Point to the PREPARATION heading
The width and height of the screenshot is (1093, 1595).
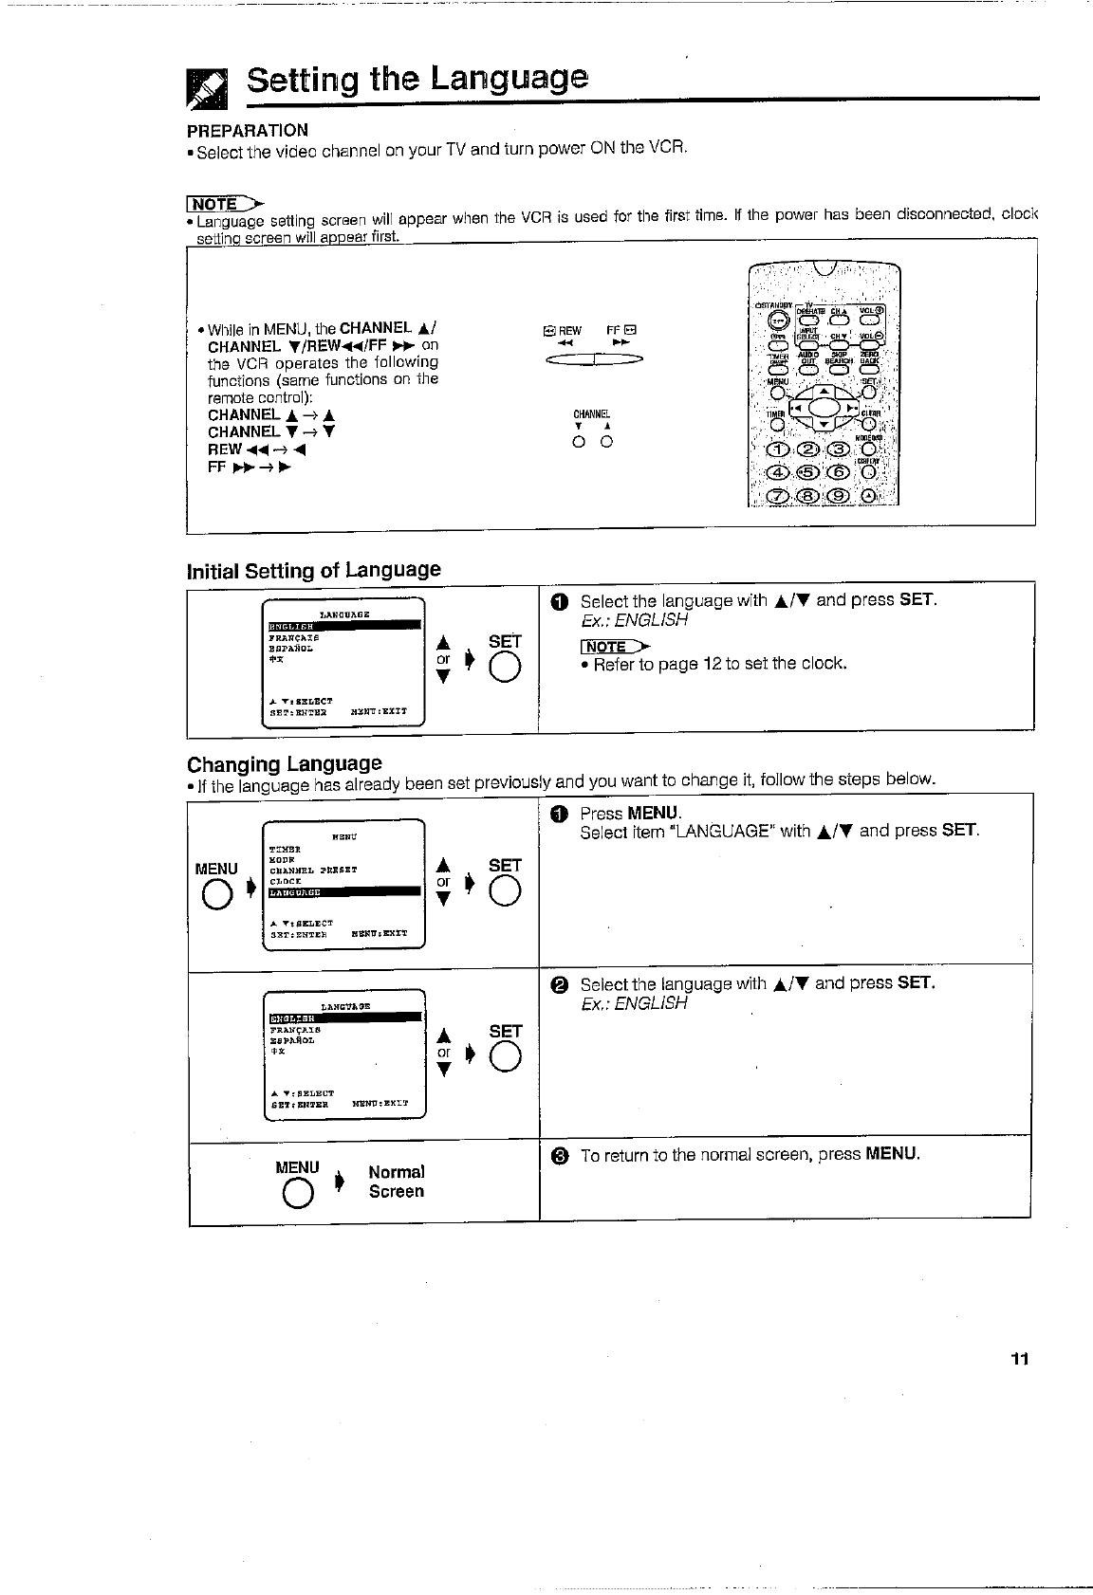(x=248, y=130)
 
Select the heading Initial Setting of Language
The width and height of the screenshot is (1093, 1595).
(x=314, y=570)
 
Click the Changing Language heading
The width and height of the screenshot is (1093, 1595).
(x=285, y=763)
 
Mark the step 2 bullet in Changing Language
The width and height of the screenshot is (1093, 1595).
(x=560, y=984)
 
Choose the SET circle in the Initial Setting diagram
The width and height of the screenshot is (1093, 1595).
(x=504, y=670)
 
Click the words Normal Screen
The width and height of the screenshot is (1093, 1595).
(x=397, y=1182)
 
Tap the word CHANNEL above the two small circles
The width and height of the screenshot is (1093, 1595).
(x=592, y=414)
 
